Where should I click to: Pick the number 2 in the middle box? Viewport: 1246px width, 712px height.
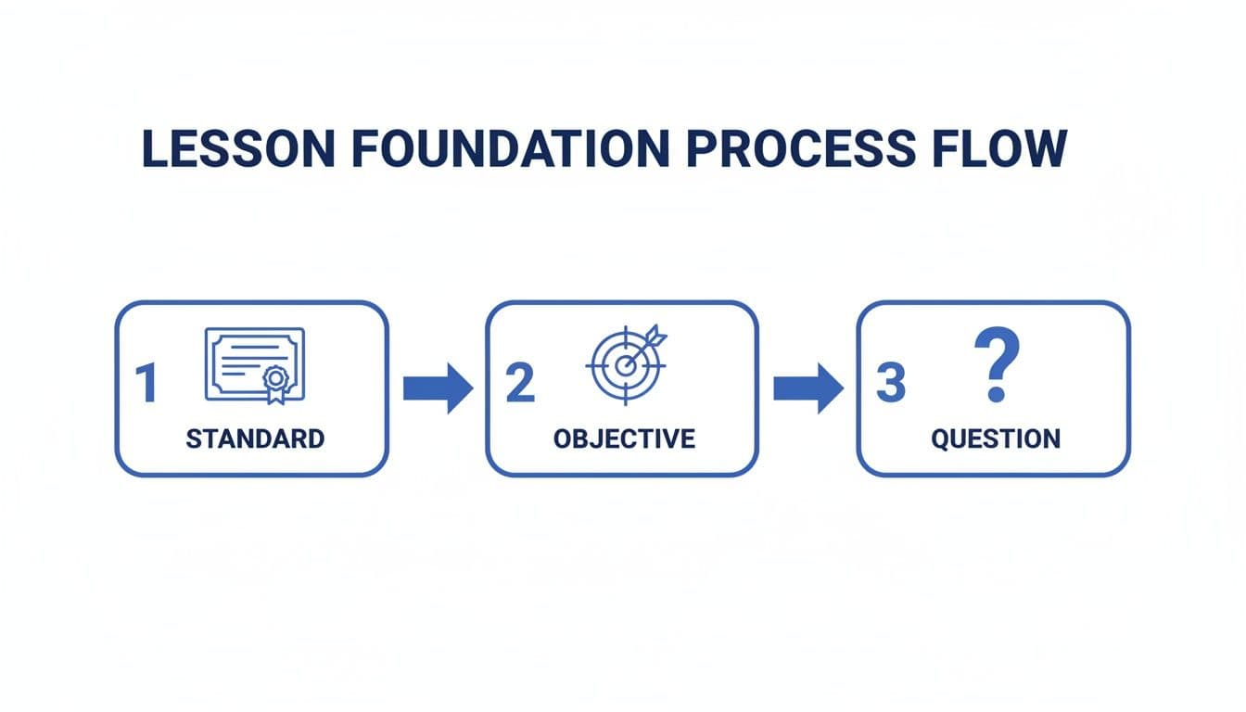tap(520, 383)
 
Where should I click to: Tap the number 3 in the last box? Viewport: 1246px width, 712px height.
tap(890, 383)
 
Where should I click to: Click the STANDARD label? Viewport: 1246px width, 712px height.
tap(255, 439)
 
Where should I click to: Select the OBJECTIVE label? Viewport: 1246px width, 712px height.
tap(624, 439)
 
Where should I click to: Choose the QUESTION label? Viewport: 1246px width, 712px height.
tap(996, 439)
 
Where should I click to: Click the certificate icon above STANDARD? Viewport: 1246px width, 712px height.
tap(254, 364)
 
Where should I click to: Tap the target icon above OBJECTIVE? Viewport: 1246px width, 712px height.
tap(625, 364)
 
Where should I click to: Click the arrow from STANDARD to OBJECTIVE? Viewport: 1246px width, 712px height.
tap(438, 388)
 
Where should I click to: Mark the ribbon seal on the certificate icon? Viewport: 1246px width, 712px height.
tap(274, 381)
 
